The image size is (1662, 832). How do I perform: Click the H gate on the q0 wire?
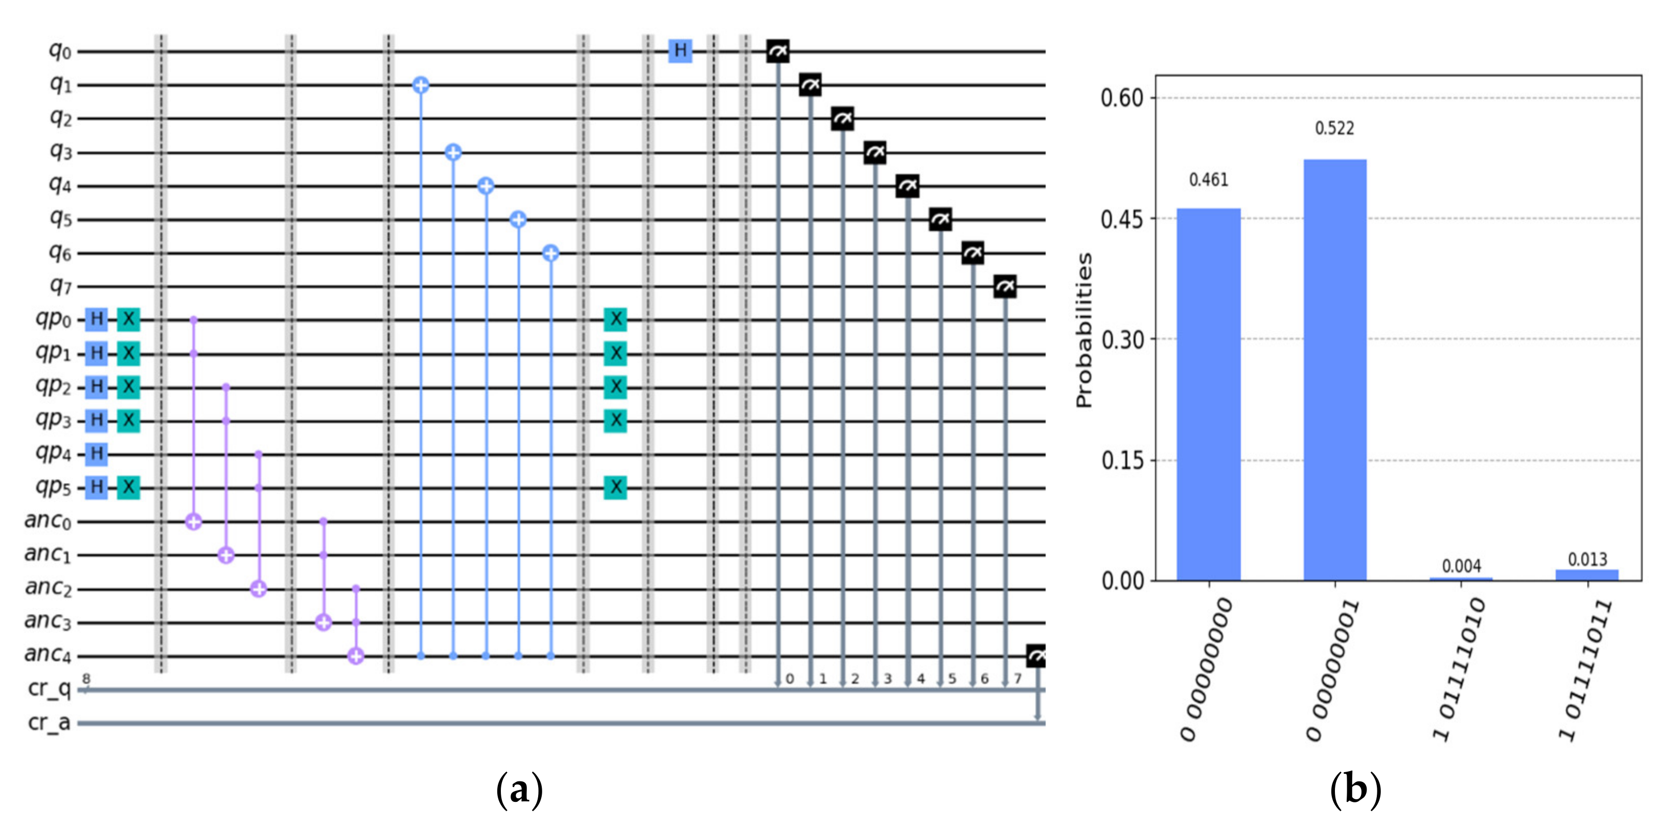pos(680,50)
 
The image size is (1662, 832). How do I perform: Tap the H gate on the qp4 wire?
pos(97,454)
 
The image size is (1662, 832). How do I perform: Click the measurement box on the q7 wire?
pos(1005,286)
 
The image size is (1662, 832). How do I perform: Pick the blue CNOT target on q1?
pos(421,85)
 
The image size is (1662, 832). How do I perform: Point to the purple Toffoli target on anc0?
pos(194,522)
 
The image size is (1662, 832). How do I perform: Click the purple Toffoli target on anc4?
pos(356,657)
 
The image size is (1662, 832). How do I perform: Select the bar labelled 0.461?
pos(1209,394)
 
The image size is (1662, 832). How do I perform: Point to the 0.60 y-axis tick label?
pos(1121,99)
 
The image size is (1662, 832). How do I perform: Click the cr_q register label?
pos(49,689)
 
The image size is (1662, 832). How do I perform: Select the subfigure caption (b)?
pos(1355,790)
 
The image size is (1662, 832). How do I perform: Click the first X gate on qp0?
pos(128,318)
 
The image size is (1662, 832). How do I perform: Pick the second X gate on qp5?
pos(615,487)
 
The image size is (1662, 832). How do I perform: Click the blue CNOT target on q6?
pos(550,253)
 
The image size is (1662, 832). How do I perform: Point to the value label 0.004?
pos(1461,566)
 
